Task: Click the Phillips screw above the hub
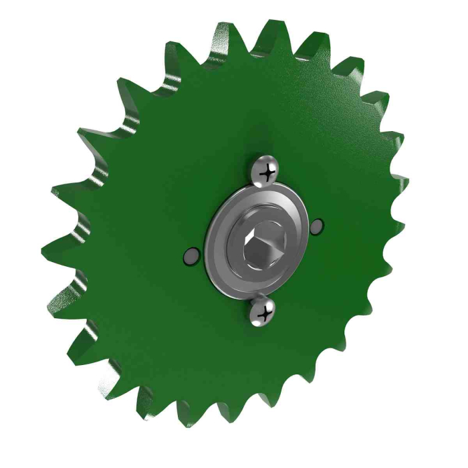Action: point(266,172)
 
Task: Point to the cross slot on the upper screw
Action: point(269,173)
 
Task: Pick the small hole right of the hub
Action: point(318,227)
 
